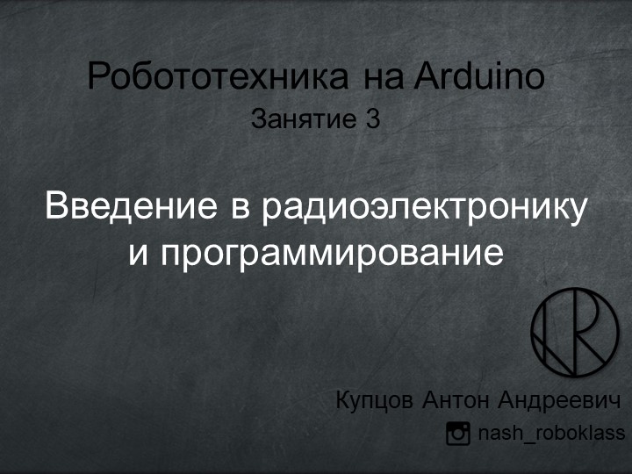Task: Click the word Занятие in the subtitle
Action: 296,118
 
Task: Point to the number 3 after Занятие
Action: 372,118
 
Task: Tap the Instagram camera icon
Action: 458,434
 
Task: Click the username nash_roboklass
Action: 550,434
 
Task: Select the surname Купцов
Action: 375,401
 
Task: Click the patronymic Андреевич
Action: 559,401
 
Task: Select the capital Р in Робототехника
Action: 97,76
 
